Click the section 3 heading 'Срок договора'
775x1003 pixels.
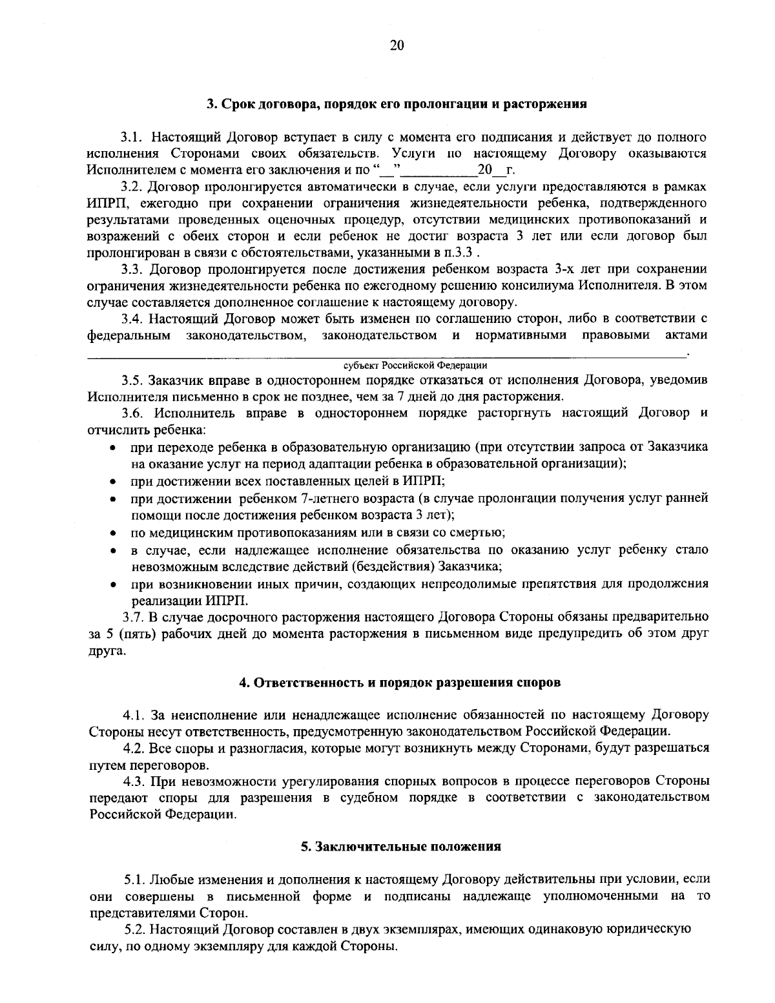point(396,104)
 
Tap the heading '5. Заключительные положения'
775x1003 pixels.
point(400,846)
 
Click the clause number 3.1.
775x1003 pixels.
point(134,137)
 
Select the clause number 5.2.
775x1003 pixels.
point(136,930)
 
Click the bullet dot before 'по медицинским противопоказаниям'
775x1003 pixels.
point(112,533)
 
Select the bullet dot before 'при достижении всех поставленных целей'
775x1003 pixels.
point(112,482)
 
